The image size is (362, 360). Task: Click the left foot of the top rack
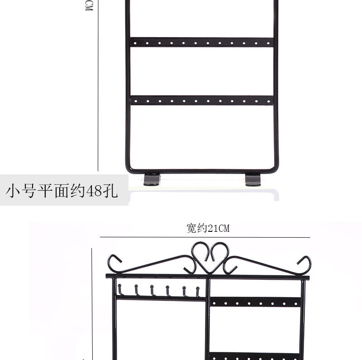(152, 180)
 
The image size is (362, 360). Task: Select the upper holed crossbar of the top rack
(202, 42)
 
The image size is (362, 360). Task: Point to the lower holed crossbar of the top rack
(202, 100)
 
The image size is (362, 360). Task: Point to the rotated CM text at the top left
(89, 5)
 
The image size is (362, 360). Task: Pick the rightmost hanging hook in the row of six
(197, 291)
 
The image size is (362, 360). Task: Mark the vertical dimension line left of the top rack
(98, 91)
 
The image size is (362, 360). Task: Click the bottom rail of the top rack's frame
(202, 171)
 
